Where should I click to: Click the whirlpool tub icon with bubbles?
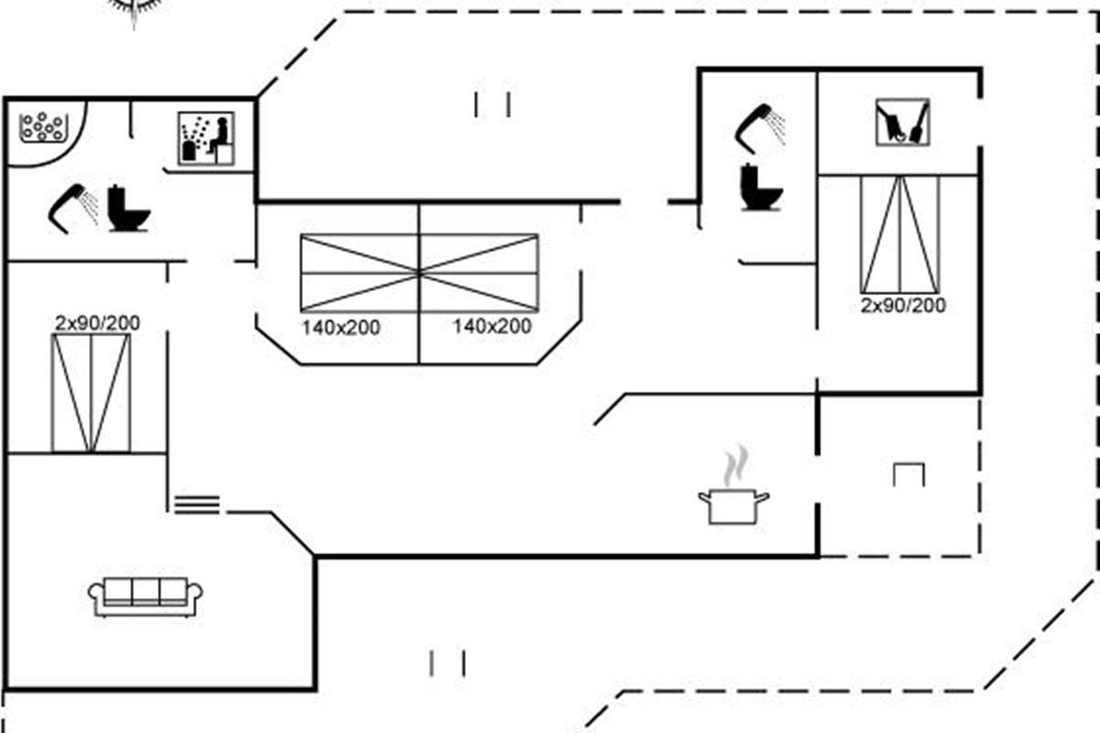42,127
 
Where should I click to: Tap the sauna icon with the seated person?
205,138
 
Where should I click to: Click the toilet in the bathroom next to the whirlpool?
127,209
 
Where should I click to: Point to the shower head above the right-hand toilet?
760,127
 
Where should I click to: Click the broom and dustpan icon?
902,123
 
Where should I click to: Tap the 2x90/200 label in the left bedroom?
97,323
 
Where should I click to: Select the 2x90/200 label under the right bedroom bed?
903,305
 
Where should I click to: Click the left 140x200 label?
341,327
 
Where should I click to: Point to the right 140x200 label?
491,326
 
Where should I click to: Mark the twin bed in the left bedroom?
91,392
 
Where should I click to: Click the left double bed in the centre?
360,273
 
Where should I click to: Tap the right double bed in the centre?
478,273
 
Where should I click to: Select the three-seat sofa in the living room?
147,596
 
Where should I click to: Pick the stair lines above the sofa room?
197,503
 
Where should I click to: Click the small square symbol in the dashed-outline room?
908,474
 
